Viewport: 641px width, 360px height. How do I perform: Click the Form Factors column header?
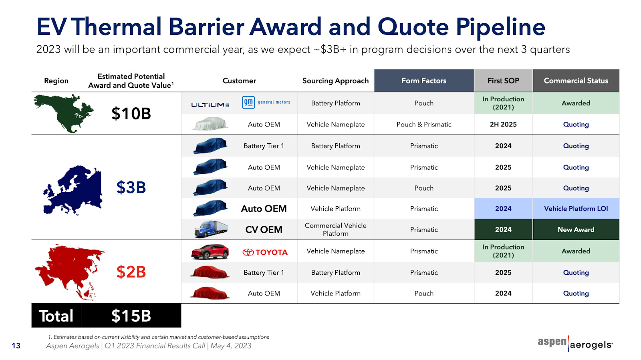coord(424,80)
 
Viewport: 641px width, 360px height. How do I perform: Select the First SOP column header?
coord(503,80)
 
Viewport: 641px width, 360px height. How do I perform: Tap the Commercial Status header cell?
coord(576,80)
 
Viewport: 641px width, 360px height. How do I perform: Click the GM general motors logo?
coord(266,103)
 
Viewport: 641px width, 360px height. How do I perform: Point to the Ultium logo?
coord(210,105)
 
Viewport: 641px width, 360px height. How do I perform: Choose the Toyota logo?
coord(265,252)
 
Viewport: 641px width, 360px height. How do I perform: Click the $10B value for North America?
coord(131,113)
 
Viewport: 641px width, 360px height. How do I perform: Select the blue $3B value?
coord(131,187)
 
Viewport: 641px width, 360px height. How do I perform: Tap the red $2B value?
coord(131,272)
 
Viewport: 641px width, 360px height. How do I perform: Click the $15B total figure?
coord(131,316)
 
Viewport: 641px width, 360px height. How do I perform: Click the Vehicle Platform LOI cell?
coord(576,209)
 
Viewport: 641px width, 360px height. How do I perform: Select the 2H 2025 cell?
coord(503,125)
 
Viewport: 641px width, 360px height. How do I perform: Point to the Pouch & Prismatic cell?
coord(424,125)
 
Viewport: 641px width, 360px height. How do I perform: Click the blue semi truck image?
coord(211,229)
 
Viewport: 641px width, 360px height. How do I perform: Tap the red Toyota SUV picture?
coord(210,251)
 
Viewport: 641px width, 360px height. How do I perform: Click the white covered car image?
coord(210,123)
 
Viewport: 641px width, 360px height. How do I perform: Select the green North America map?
coord(64,113)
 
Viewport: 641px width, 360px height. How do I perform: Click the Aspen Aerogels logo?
coord(575,344)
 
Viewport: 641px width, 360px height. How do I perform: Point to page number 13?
coord(16,346)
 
